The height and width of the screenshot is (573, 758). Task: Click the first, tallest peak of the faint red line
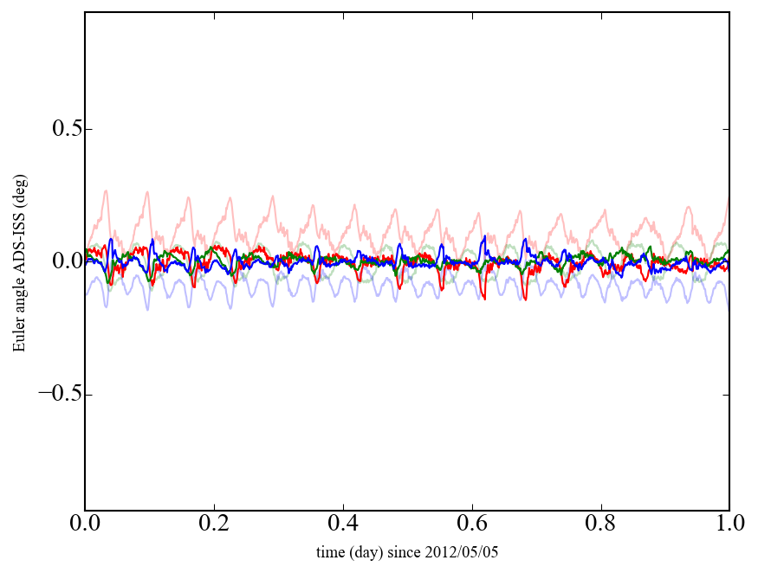click(x=107, y=191)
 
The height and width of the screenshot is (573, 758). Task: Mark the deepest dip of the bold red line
click(x=484, y=299)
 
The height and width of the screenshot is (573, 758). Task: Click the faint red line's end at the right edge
click(x=729, y=197)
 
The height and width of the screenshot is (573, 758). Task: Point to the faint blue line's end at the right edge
click(x=729, y=309)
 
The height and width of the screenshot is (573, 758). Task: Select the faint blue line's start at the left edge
click(x=86, y=294)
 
